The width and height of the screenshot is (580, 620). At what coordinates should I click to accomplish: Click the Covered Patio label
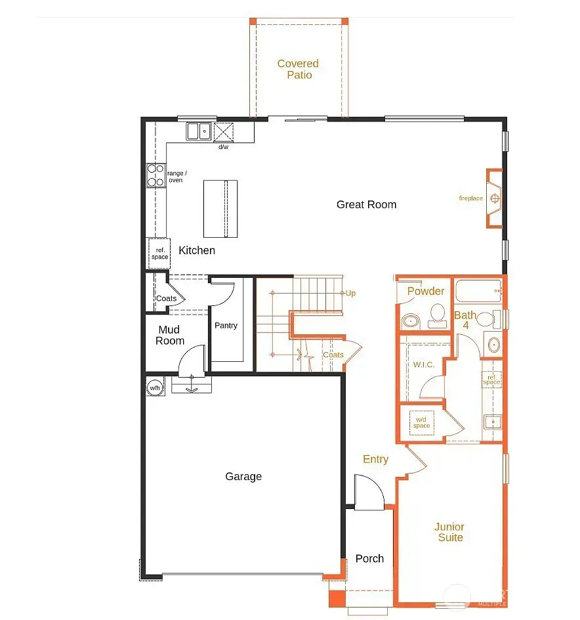point(298,69)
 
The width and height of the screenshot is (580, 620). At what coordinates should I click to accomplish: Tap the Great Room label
point(366,204)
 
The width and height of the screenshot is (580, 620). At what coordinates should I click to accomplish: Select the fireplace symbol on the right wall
point(494,198)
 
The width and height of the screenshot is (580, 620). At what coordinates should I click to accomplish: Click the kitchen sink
point(199,131)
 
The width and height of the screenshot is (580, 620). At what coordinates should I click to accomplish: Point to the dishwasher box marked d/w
point(223,132)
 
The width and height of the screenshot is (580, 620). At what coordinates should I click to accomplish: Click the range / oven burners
point(155,175)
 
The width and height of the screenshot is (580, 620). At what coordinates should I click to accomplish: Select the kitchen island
point(220,208)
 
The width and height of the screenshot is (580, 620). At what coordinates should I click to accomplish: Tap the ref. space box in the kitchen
point(159,254)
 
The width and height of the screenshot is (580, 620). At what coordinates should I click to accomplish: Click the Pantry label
point(226,325)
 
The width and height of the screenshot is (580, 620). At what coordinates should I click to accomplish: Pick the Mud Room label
point(169,336)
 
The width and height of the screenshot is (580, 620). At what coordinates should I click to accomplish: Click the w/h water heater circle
point(154,388)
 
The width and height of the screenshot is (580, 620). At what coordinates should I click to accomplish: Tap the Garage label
point(243,476)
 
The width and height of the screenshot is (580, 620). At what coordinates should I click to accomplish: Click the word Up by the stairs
point(350,293)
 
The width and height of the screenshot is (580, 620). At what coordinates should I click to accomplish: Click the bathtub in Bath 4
point(478,291)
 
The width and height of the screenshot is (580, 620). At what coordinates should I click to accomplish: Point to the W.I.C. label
point(424,365)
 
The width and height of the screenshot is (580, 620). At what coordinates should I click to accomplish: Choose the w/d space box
point(422,423)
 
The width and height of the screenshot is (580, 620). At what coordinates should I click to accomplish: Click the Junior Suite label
point(449,532)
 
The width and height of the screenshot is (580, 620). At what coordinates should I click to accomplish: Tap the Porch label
point(369,559)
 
